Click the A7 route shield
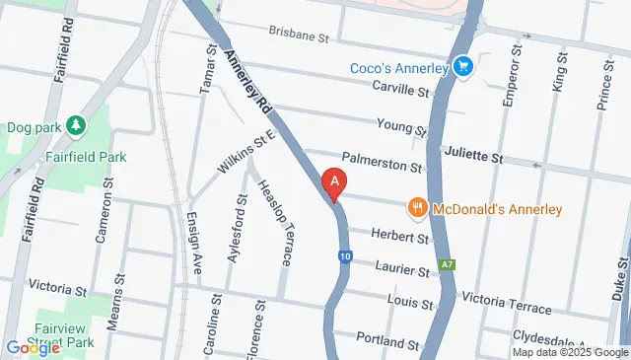click(x=449, y=265)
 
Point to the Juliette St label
click(x=473, y=157)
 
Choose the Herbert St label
click(x=400, y=237)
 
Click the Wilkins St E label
click(x=244, y=155)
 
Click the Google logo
click(x=33, y=347)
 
